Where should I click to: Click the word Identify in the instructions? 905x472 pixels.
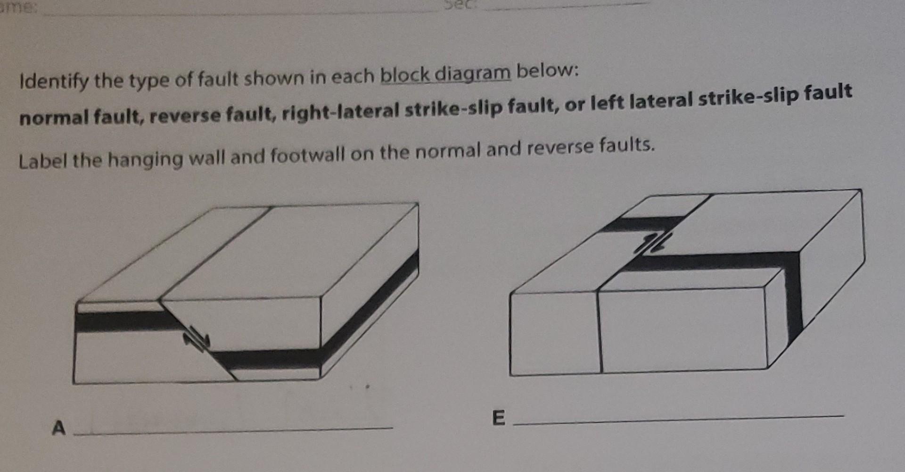[x=53, y=82]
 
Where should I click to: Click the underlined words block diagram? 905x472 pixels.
[x=445, y=74]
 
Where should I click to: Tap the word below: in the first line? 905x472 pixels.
[x=547, y=71]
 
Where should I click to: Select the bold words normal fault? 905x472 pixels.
[x=81, y=116]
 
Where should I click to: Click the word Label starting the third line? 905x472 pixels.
[x=43, y=161]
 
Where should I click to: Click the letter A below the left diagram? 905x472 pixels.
[x=58, y=428]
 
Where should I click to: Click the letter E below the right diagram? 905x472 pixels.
[x=498, y=418]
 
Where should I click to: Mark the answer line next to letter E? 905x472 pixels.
[x=679, y=420]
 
